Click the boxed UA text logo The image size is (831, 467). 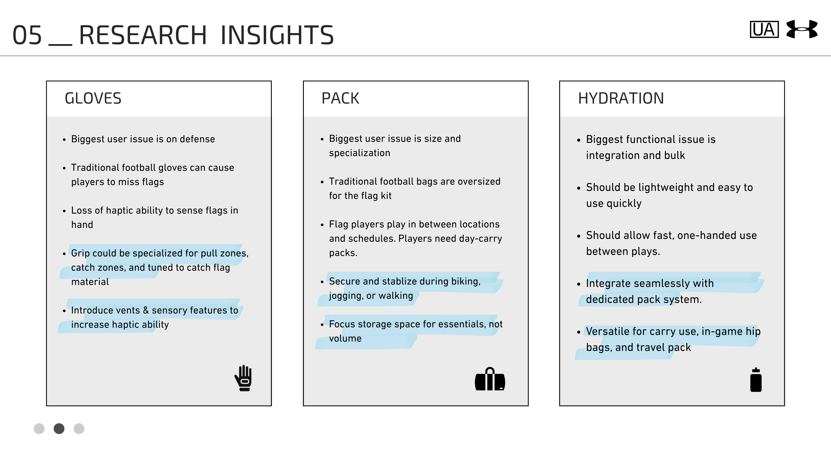pyautogui.click(x=764, y=30)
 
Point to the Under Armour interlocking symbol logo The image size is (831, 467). pyautogui.click(x=802, y=29)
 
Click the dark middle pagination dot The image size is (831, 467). pyautogui.click(x=59, y=429)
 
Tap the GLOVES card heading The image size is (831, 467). pyautogui.click(x=93, y=98)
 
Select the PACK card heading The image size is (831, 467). pyautogui.click(x=340, y=98)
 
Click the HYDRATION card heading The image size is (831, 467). pyautogui.click(x=621, y=98)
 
